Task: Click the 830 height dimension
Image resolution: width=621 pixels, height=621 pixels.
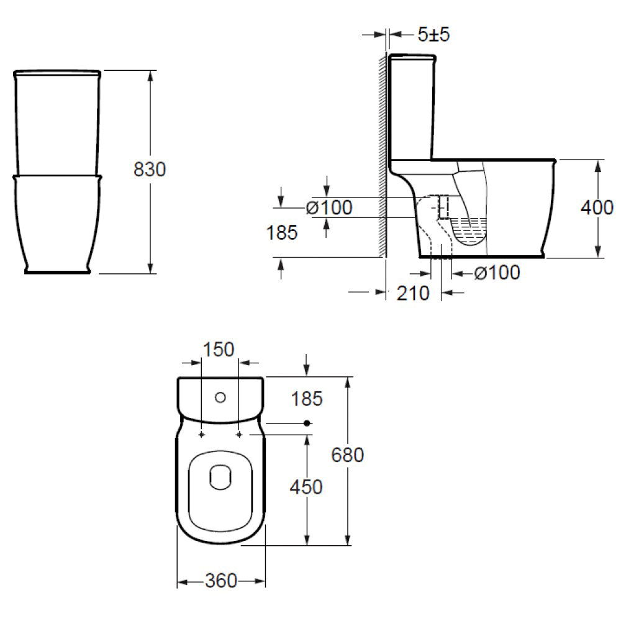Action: (x=150, y=170)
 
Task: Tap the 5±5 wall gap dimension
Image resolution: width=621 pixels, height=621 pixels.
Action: (x=433, y=35)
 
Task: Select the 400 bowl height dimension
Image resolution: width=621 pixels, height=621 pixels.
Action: (x=597, y=208)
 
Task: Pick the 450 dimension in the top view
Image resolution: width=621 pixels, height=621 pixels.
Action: (x=307, y=487)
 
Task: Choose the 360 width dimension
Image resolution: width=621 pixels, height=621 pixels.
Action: (x=221, y=581)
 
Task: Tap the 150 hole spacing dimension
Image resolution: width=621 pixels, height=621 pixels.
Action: (x=219, y=350)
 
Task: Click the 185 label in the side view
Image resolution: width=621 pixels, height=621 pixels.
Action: (x=282, y=233)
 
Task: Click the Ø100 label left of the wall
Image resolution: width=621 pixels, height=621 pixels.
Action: (x=329, y=207)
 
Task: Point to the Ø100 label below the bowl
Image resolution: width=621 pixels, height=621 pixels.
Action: (x=497, y=273)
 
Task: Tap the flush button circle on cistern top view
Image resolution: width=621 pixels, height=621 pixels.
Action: (x=220, y=397)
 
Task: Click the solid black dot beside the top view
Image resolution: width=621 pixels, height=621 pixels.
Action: (x=307, y=424)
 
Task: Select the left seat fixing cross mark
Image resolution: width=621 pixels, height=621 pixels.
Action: (x=201, y=435)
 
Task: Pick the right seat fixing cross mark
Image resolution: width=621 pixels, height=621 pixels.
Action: (x=240, y=435)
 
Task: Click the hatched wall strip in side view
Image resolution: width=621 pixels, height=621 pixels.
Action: (x=382, y=155)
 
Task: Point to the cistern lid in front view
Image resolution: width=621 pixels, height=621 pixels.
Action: (x=57, y=73)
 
